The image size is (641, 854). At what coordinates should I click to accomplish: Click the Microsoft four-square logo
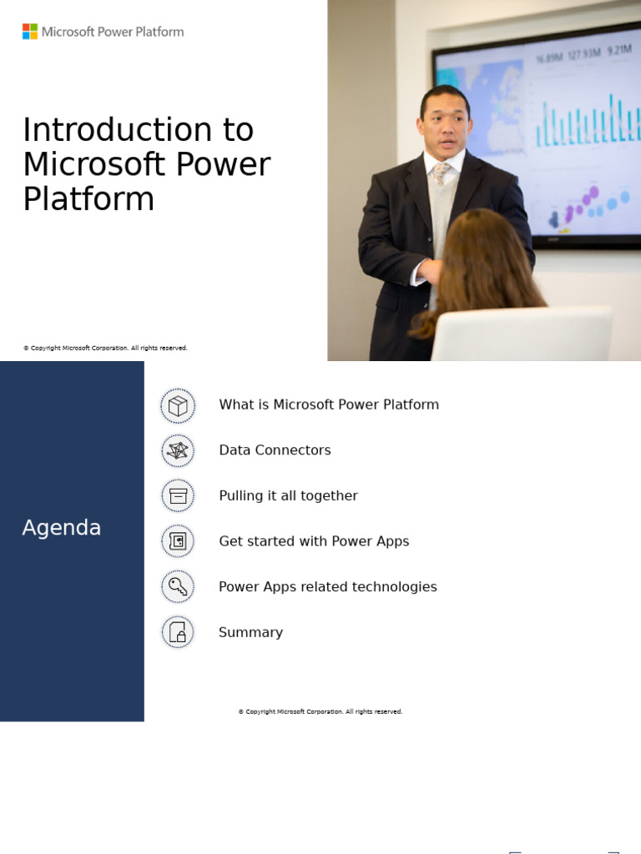pyautogui.click(x=30, y=32)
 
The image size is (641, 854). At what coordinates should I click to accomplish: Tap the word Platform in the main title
pyautogui.click(x=88, y=199)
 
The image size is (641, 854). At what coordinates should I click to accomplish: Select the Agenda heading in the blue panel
pyautogui.click(x=62, y=528)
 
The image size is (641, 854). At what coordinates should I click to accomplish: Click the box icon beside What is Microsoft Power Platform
pyautogui.click(x=178, y=405)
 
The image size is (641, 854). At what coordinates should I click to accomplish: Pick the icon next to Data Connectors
pyautogui.click(x=178, y=451)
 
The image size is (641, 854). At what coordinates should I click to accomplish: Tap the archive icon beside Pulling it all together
pyautogui.click(x=178, y=496)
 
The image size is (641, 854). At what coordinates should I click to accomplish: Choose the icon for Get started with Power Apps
pyautogui.click(x=178, y=542)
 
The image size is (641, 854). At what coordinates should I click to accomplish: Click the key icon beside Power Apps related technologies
pyautogui.click(x=178, y=587)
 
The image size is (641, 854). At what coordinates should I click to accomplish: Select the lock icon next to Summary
pyautogui.click(x=178, y=633)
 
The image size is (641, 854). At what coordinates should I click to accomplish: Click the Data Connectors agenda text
pyautogui.click(x=275, y=450)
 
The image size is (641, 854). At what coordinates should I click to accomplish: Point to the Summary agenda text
pyautogui.click(x=250, y=633)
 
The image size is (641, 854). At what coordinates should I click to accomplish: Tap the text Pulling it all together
pyautogui.click(x=288, y=496)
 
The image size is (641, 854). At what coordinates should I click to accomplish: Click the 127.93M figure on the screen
pyautogui.click(x=584, y=57)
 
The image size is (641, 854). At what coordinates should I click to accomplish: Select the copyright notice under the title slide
pyautogui.click(x=105, y=348)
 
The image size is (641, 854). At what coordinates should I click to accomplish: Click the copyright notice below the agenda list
pyautogui.click(x=320, y=711)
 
